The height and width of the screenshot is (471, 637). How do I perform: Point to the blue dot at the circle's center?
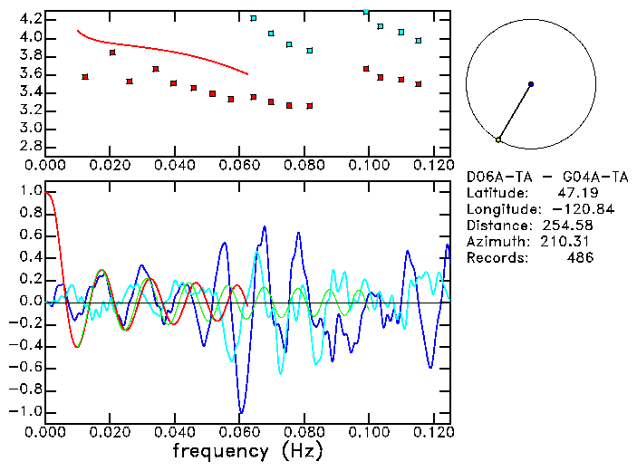tap(531, 84)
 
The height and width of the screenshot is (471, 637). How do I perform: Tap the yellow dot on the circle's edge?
tap(498, 139)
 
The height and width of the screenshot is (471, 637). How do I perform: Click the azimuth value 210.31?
tap(565, 242)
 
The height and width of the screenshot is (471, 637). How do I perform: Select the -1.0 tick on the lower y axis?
tap(27, 411)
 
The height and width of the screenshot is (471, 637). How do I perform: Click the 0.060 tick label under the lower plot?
tap(240, 432)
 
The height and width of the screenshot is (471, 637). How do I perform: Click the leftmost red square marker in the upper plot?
tap(85, 77)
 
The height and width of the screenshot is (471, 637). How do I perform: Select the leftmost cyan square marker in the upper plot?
tap(254, 18)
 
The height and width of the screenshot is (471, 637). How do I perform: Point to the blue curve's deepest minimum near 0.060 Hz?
tap(240, 412)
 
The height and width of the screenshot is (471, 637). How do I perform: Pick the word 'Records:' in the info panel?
tap(496, 258)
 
